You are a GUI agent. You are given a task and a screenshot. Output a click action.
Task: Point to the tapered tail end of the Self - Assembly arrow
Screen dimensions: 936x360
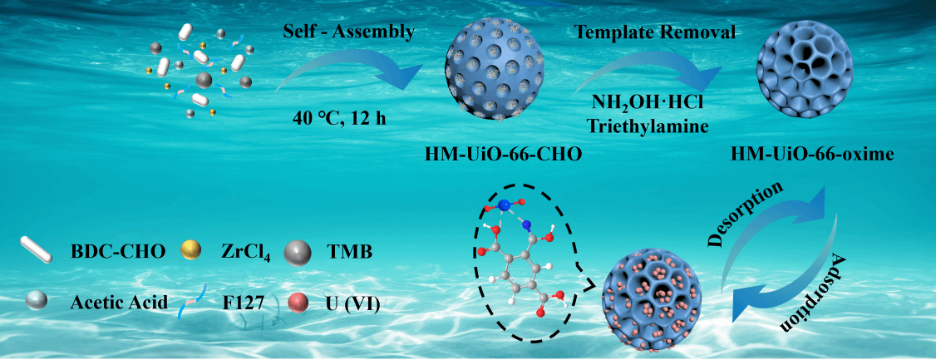(276, 90)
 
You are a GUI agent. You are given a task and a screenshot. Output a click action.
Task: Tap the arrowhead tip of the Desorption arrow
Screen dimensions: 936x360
(825, 185)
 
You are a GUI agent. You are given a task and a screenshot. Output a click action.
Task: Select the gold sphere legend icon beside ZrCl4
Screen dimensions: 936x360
(192, 253)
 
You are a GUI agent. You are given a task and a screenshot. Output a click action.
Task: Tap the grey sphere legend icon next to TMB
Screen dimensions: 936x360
(298, 253)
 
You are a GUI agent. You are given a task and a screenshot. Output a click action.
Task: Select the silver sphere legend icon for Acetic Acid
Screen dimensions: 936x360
(38, 303)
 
